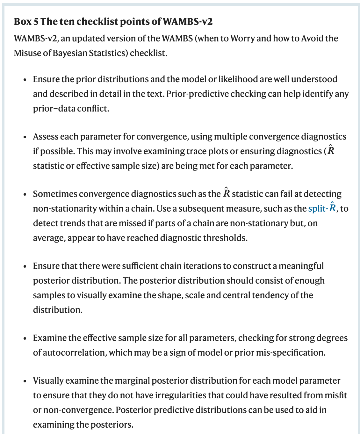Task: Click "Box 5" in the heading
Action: [26, 22]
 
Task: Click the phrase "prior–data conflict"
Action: [71, 108]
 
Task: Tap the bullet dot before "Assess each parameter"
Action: [25, 137]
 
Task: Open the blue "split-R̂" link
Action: [322, 208]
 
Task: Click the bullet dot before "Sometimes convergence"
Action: [25, 194]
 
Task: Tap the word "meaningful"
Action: [301, 266]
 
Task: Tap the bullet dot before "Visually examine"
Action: [25, 381]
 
